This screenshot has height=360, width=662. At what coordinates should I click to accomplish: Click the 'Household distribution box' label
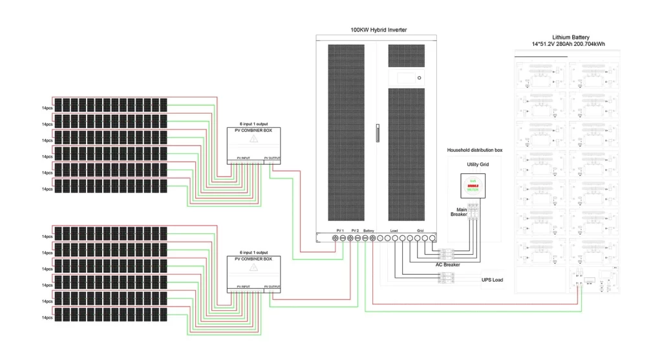475,150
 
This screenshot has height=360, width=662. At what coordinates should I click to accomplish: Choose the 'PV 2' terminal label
354,231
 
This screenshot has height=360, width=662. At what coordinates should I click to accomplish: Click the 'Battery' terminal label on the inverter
369,231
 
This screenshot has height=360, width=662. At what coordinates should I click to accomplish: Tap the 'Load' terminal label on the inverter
394,231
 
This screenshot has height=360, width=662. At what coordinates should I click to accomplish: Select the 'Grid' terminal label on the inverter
420,231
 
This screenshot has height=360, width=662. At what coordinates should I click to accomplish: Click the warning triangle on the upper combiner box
254,139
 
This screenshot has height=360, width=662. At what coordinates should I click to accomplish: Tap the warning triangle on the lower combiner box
254,267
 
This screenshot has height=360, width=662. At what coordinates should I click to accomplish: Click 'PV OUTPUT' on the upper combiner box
273,158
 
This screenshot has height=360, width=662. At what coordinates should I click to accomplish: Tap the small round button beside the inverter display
419,78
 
